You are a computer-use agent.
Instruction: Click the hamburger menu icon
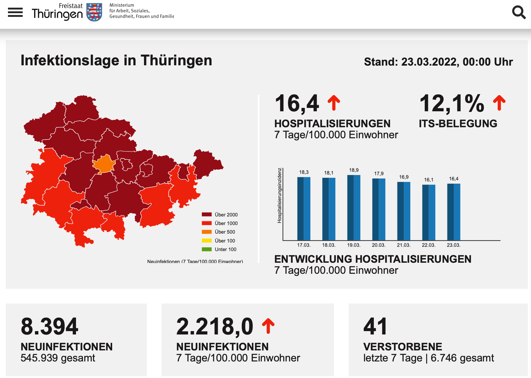coord(15,12)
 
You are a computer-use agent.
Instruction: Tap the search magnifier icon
coord(519,12)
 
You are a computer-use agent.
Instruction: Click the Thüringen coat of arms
coord(94,12)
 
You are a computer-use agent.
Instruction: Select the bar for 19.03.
coord(354,208)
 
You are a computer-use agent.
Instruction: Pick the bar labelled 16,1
coord(429,212)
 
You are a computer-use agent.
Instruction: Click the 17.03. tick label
coord(304,245)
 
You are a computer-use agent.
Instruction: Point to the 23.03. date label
coord(453,245)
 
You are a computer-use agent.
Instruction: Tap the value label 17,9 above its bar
coord(379,174)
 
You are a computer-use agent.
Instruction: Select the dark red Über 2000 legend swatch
coord(207,215)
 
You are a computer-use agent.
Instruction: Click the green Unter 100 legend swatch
coord(207,249)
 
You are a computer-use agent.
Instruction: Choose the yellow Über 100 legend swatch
coord(207,241)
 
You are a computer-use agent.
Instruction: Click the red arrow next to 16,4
coord(334,103)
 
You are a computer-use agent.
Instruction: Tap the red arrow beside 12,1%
coord(499,103)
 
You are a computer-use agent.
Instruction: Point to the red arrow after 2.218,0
coord(268,326)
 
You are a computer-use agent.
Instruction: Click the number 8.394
coord(50,326)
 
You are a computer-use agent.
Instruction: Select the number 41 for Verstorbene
coord(375,326)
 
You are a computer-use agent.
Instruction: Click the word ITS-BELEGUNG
coord(458,124)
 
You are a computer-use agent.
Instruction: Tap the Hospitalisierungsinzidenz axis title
coord(279,195)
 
